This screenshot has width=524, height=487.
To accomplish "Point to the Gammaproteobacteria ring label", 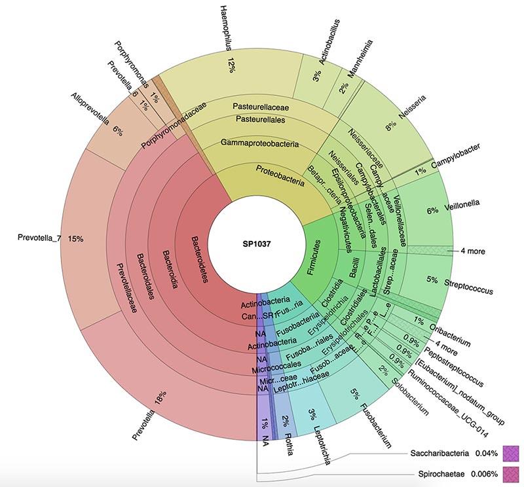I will pos(259,142).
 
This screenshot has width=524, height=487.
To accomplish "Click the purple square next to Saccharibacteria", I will pos(510,452).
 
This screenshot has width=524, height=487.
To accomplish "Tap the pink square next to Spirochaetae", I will pos(510,473).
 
